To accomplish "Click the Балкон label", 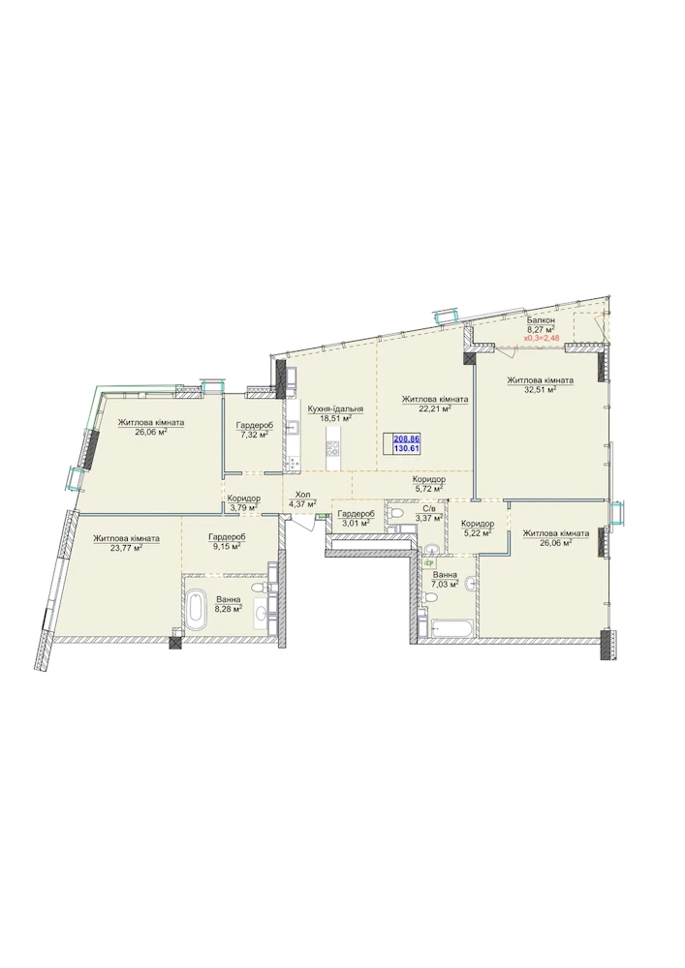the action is click(x=541, y=321).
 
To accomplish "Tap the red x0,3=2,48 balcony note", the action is click(x=543, y=338).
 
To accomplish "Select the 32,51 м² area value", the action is click(x=540, y=389).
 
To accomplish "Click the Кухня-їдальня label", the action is click(x=335, y=408).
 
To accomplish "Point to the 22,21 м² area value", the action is click(x=434, y=408).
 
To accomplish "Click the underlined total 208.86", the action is click(x=406, y=439).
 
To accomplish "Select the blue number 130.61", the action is click(x=406, y=448).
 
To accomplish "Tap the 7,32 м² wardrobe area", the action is click(x=254, y=435).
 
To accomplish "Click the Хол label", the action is click(x=302, y=495).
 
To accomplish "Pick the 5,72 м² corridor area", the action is click(x=428, y=488).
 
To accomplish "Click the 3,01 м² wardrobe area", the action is click(x=356, y=523).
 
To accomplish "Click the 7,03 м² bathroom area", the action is click(x=445, y=584).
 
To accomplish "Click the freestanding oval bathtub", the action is click(x=197, y=609).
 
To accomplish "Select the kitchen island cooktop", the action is click(x=333, y=448).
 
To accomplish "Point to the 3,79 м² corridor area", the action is click(x=243, y=508).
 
